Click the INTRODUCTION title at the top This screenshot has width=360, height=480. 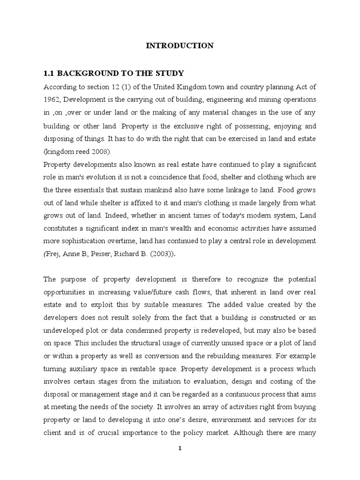pyautogui.click(x=180, y=45)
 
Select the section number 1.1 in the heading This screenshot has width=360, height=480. pyautogui.click(x=49, y=73)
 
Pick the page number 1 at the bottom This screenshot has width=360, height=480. pyautogui.click(x=180, y=462)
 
